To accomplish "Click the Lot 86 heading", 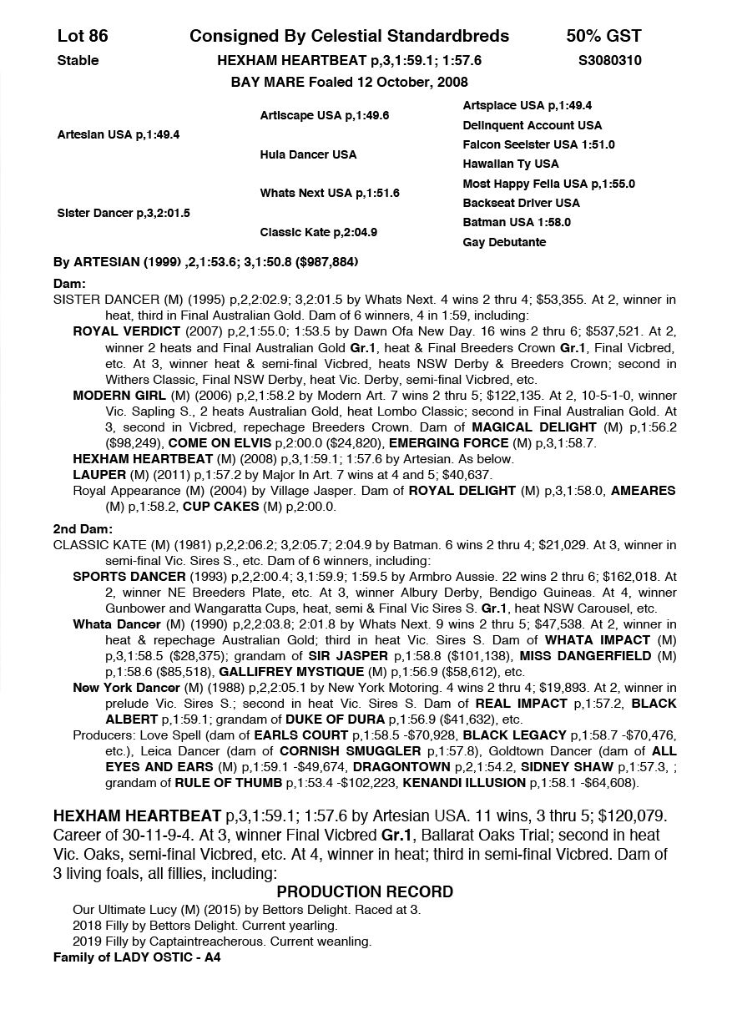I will point(83,36).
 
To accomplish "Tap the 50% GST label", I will point(603,36).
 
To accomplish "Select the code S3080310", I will point(609,60).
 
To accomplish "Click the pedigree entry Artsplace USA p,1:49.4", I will point(528,106).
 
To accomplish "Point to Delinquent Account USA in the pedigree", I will point(532,125).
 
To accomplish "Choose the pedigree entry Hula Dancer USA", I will point(308,154).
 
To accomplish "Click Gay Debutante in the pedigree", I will point(504,242).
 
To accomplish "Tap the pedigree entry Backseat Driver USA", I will point(521,203).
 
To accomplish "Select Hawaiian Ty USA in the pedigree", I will point(511,164).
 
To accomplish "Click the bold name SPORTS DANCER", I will point(129,577).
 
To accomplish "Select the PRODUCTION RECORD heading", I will point(365,891).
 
